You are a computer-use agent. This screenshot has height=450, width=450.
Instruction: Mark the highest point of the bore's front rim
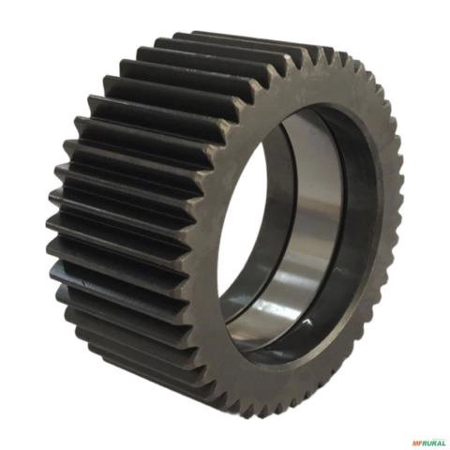pos(319,105)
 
